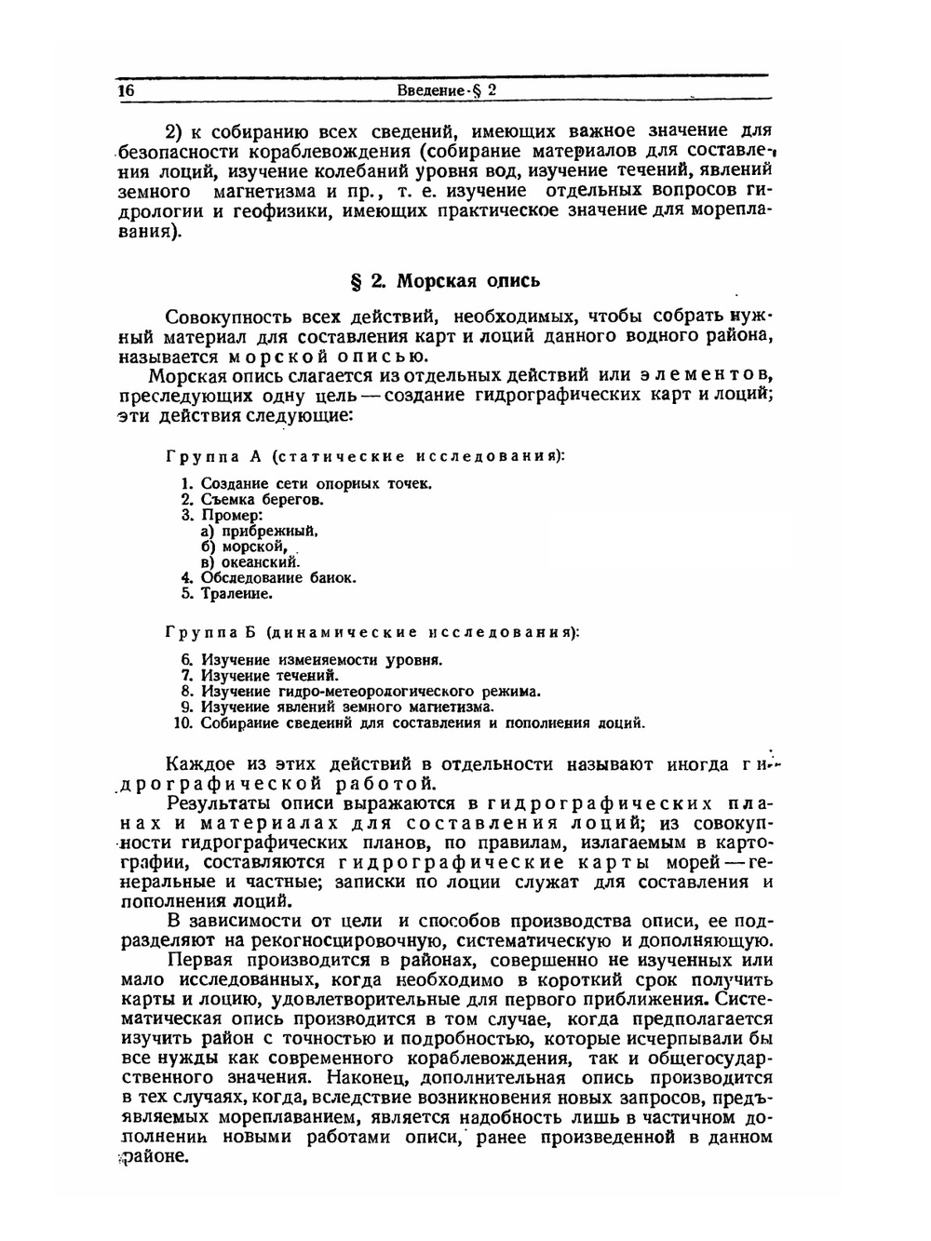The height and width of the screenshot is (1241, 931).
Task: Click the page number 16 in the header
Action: [x=127, y=90]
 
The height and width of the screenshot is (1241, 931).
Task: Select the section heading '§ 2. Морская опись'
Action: [x=444, y=280]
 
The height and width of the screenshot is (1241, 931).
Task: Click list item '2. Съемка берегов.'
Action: [x=252, y=499]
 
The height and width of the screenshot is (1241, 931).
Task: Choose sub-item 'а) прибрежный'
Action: [x=260, y=531]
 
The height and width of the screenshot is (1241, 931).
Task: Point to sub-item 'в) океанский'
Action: [x=250, y=562]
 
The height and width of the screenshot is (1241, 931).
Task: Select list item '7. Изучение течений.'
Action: [x=260, y=675]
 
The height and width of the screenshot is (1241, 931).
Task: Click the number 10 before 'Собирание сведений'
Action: [x=183, y=722]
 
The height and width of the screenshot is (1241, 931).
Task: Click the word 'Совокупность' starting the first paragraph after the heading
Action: [x=222, y=317]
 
